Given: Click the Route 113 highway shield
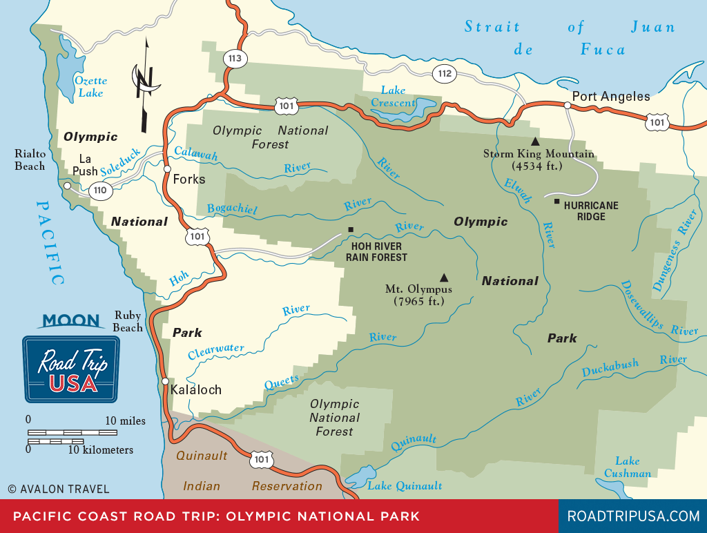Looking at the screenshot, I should tap(235, 59).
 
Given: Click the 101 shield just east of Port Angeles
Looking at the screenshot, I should tap(657, 122).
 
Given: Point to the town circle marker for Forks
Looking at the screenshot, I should tap(167, 168).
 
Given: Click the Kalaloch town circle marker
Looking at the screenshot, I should tap(165, 381).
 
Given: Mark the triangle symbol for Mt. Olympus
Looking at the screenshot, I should tap(443, 277).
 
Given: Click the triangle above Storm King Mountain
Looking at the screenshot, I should tap(534, 141).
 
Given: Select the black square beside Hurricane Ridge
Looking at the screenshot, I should tap(556, 202).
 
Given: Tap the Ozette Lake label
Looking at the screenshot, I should tap(91, 86).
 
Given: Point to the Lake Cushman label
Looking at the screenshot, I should tap(627, 467).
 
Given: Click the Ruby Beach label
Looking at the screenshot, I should tap(128, 322).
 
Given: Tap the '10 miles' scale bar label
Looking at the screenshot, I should tap(125, 420).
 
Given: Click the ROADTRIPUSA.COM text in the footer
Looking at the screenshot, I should tap(632, 516).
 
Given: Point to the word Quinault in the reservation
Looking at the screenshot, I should tap(202, 456).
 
